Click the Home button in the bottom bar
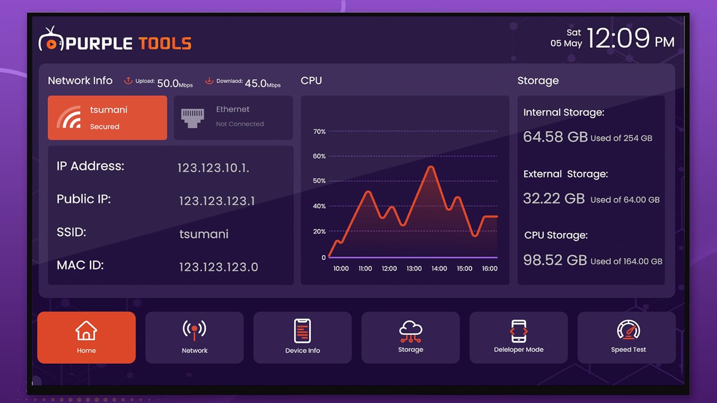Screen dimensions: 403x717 coord(87,338)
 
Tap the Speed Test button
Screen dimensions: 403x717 coord(628,338)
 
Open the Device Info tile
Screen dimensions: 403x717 coord(303,338)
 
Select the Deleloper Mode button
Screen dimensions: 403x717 coord(519,338)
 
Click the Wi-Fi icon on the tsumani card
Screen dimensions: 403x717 coord(69,117)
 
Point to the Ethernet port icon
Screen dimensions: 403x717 coord(193,117)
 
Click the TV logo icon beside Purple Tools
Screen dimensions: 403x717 coord(51,40)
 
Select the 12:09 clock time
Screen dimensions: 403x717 coord(618,38)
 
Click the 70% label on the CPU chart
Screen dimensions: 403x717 coord(319,131)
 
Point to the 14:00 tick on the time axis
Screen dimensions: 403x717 coord(439,268)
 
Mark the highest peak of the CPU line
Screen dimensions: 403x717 coord(431,167)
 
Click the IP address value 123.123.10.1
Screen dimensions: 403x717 coord(213,168)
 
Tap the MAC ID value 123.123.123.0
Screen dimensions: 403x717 coord(218,267)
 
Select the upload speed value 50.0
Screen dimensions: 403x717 coord(168,83)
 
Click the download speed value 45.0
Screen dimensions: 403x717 coord(256,83)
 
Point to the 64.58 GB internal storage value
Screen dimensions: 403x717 coord(555,137)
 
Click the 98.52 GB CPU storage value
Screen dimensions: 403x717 coord(555,260)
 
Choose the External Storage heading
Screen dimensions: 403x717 coord(565,174)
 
